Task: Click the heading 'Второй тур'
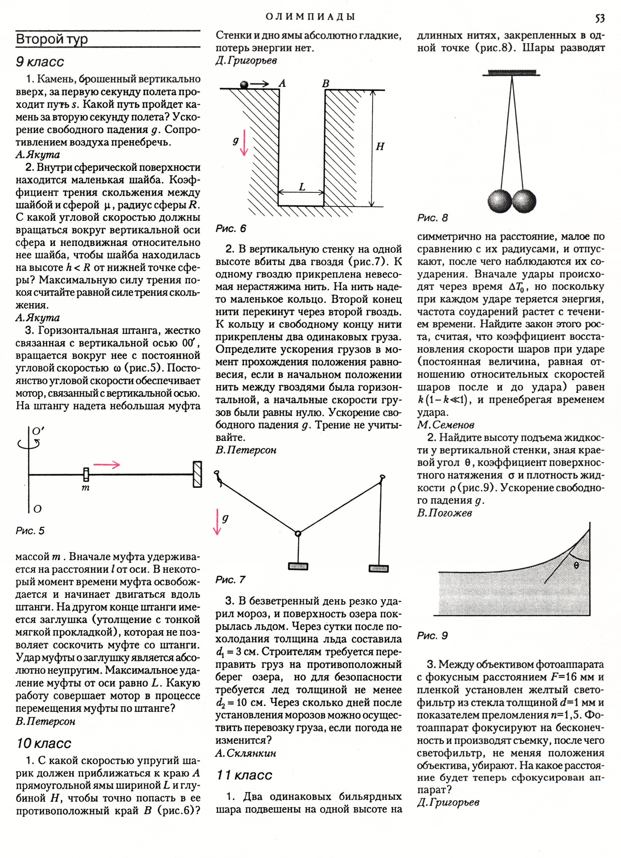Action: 52,39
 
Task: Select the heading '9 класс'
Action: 40,62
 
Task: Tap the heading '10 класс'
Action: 44,743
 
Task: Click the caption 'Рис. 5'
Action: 30,530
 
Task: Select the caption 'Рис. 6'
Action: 231,228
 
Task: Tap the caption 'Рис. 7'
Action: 231,580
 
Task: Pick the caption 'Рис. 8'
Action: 432,218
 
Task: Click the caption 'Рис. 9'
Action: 432,636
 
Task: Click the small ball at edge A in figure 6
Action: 244,85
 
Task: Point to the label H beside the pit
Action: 380,147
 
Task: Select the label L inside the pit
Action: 302,187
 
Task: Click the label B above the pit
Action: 325,83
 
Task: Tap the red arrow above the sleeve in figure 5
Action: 107,465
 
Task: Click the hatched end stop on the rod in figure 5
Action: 197,474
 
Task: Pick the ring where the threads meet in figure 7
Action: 298,534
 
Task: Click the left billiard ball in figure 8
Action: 500,201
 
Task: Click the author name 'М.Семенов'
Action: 446,425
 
